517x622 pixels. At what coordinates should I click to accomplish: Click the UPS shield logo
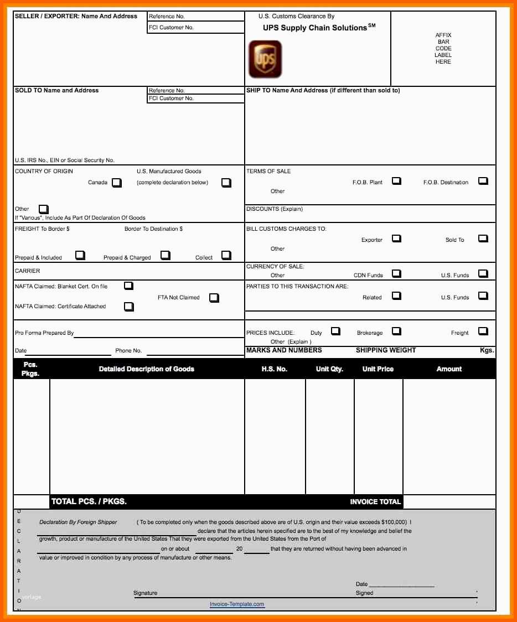coord(265,59)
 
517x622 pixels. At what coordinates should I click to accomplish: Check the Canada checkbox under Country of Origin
coord(116,183)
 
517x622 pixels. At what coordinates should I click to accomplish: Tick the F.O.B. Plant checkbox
coord(396,181)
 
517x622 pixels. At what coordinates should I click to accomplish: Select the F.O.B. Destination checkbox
coord(483,181)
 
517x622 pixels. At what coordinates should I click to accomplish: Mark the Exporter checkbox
coord(396,239)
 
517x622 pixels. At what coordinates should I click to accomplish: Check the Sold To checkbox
coord(483,239)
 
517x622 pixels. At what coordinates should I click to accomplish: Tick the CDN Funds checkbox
coord(396,273)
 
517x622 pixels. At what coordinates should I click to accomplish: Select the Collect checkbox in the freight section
coord(226,255)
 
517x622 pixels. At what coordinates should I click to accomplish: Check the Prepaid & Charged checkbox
coord(165,255)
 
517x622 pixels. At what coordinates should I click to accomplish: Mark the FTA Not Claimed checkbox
coord(214,298)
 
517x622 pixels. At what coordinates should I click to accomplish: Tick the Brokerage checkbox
coord(396,331)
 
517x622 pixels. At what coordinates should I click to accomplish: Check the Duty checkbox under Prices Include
coord(335,331)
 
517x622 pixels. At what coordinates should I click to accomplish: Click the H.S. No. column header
coord(275,369)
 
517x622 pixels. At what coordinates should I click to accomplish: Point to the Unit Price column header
coord(378,369)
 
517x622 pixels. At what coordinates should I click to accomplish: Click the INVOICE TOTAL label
coord(375,502)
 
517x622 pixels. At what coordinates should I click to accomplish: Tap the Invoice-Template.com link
coord(237,604)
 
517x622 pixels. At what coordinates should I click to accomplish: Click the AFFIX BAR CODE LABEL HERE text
coord(443,49)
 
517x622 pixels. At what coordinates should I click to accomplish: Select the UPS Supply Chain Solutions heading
coord(316,28)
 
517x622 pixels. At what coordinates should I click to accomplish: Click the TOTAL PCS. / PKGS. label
coord(89,501)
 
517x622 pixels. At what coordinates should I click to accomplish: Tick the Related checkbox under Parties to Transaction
coord(396,296)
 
